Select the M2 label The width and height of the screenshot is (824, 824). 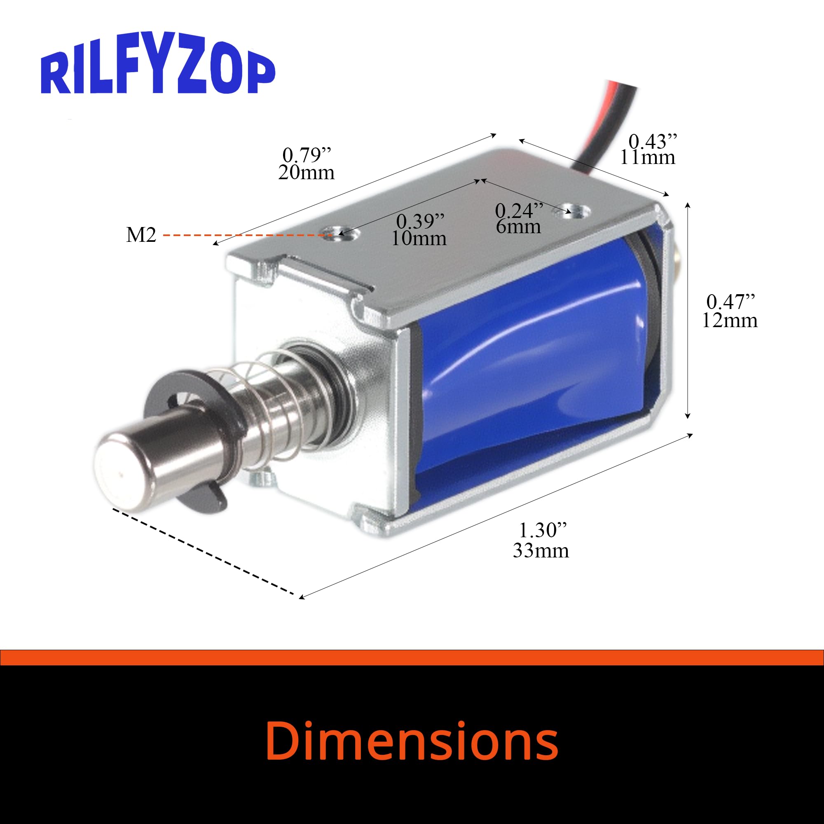(x=141, y=234)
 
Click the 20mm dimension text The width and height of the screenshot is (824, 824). (x=306, y=173)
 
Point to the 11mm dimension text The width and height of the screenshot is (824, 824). (x=647, y=158)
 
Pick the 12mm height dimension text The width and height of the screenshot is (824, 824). (x=730, y=320)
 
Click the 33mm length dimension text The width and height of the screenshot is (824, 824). (x=541, y=550)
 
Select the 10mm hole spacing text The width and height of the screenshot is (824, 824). (x=419, y=239)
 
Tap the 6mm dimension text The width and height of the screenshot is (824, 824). (x=518, y=227)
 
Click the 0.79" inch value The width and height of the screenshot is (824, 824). (x=307, y=155)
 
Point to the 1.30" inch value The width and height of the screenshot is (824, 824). (x=543, y=531)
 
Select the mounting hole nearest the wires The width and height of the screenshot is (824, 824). (x=574, y=210)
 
